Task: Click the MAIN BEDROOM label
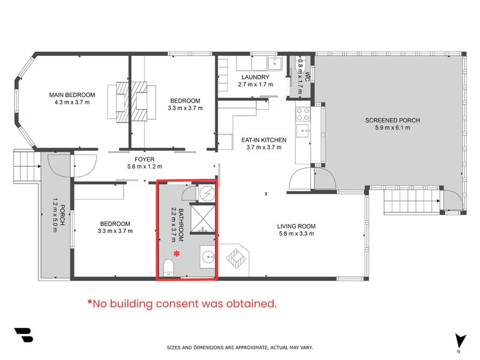tap(71, 95)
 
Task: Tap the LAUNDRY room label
tap(255, 77)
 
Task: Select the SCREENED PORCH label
tap(392, 121)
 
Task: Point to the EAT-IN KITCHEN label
tap(263, 140)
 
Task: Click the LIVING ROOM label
tap(296, 226)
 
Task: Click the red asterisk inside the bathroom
tap(176, 254)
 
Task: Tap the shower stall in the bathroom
tap(203, 218)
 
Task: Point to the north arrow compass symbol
tap(460, 340)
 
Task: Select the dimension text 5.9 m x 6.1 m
tap(392, 128)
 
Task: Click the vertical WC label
tap(307, 77)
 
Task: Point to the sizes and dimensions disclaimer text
tap(239, 347)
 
